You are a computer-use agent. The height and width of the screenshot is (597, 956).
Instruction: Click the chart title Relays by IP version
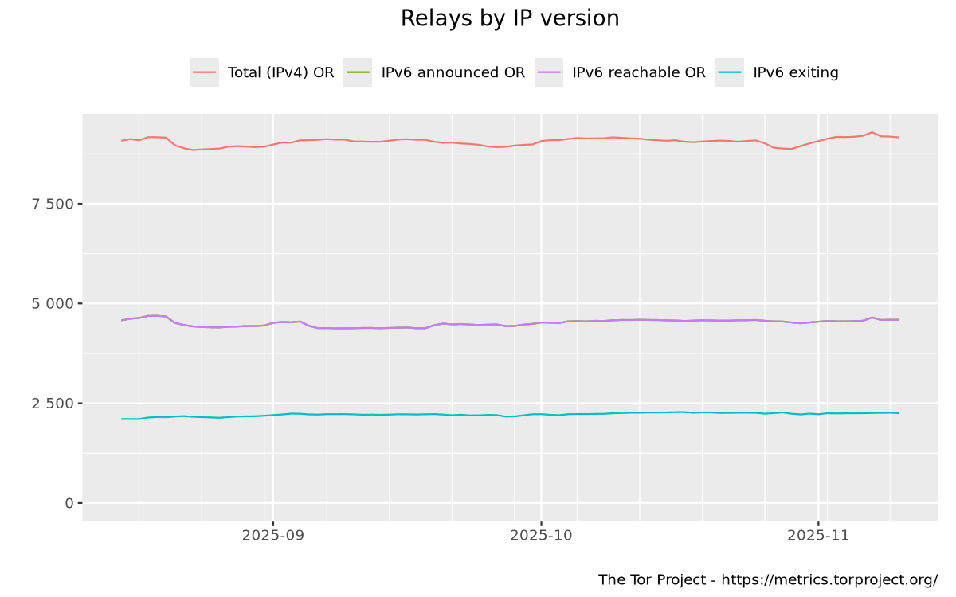click(510, 18)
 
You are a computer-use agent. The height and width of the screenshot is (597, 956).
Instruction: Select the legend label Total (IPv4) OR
click(280, 72)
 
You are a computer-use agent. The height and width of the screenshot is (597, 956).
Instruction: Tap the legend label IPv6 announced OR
click(453, 72)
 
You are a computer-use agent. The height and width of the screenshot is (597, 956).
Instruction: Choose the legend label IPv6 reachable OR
click(639, 72)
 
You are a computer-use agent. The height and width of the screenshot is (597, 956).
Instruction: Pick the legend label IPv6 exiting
click(795, 72)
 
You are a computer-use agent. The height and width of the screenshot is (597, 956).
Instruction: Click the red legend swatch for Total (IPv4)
click(205, 72)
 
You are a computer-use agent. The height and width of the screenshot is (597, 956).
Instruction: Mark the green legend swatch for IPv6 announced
click(358, 72)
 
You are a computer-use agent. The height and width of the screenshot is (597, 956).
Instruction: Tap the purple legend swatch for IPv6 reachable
click(550, 72)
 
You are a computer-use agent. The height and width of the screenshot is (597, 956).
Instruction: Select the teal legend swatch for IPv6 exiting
click(730, 72)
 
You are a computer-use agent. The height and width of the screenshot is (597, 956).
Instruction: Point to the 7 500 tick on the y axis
click(53, 204)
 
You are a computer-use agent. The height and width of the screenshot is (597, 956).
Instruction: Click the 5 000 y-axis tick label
click(53, 303)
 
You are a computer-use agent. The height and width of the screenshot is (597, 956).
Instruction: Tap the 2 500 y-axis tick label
click(53, 403)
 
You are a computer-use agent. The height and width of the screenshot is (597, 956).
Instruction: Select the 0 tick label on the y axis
click(69, 503)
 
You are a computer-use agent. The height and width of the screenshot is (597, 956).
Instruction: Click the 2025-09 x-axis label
click(272, 536)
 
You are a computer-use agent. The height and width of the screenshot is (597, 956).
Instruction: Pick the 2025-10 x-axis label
click(541, 536)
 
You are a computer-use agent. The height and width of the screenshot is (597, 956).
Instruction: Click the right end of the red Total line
click(898, 138)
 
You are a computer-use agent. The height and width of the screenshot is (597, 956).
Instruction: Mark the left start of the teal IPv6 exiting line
click(122, 419)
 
